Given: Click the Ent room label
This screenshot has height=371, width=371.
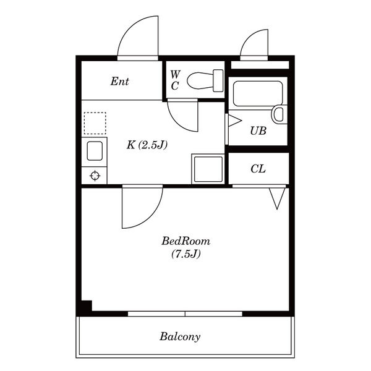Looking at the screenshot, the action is pos(120,82).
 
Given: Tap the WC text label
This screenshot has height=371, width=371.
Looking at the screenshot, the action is pos(175,80).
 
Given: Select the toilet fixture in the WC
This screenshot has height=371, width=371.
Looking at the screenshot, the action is pos(205,80).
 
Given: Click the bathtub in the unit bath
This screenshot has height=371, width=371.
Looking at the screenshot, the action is pos(258,94).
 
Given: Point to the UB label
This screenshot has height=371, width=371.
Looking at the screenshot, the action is pos(258,130).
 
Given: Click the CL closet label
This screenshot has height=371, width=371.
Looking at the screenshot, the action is pos(258,169).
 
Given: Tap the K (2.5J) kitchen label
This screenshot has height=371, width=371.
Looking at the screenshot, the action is pos(147,145).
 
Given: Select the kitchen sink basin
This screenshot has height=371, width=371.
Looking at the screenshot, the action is pos(95,151).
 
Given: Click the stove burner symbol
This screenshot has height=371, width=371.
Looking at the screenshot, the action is pos(95,176).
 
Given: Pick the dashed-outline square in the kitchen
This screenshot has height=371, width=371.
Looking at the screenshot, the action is pos(95,123).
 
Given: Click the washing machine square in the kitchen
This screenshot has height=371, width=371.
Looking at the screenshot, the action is pos(208,169).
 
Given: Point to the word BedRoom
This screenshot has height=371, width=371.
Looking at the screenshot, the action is pos(185,241).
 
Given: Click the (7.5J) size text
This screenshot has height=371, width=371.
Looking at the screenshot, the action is pos(186,254).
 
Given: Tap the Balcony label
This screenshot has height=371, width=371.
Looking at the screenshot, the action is pos(180,337).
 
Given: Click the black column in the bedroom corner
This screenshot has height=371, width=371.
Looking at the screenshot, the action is pos(87,305).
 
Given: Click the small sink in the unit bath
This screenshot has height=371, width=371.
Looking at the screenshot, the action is pos(279,114).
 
